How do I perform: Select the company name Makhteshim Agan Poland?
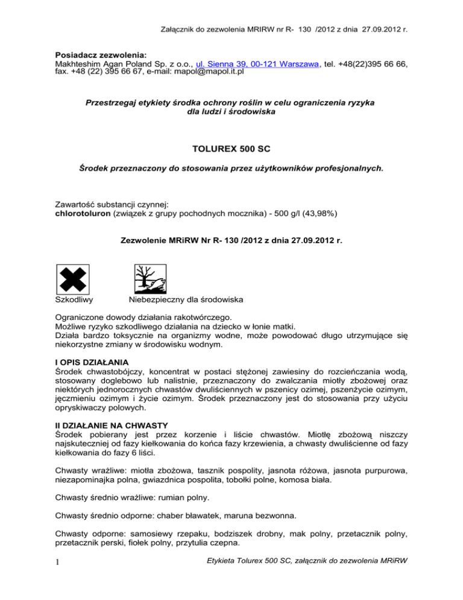point(109,64)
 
